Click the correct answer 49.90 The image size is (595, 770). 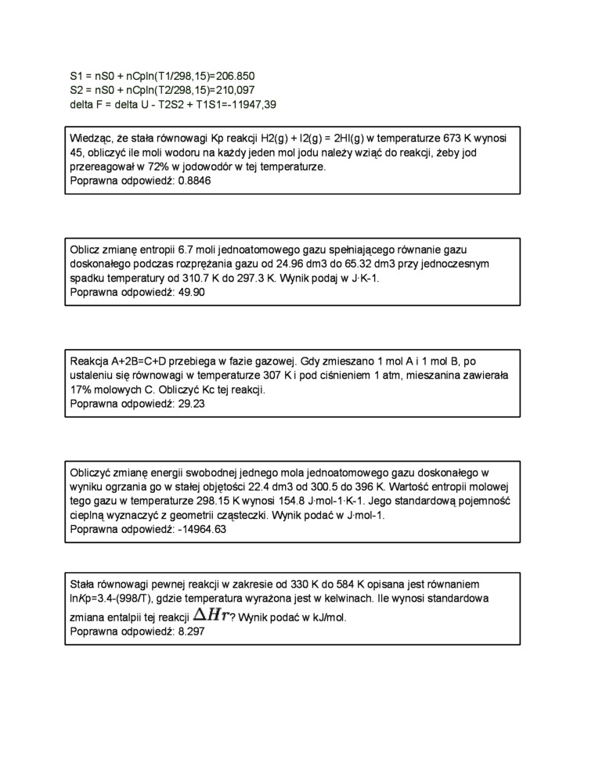tap(192, 292)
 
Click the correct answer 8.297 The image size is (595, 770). tap(192, 631)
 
